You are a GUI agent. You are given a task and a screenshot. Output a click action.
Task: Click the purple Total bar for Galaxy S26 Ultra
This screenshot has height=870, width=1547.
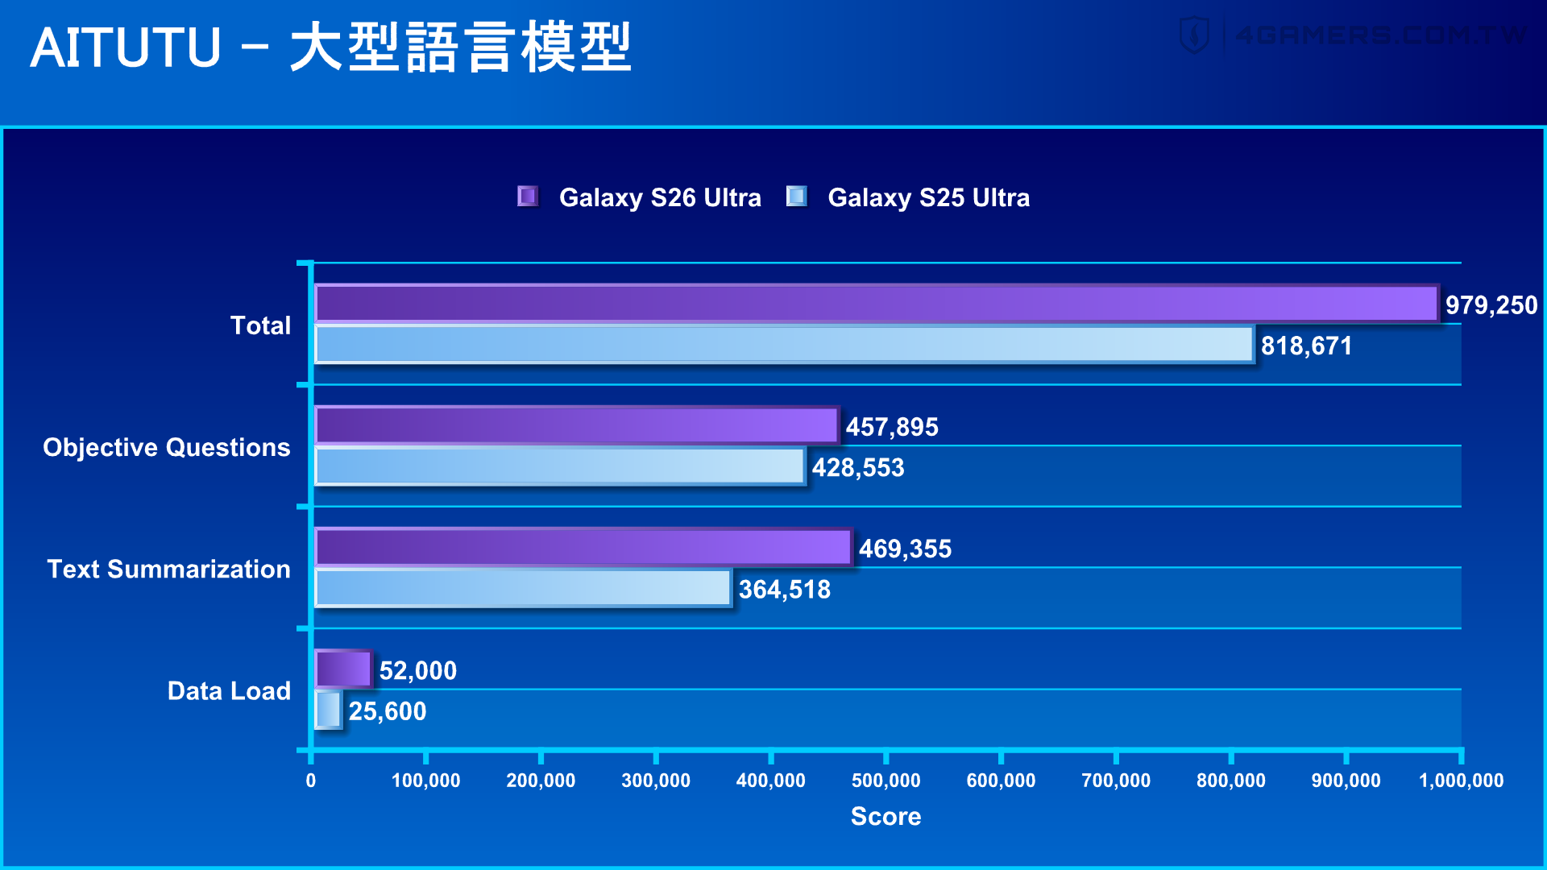point(876,304)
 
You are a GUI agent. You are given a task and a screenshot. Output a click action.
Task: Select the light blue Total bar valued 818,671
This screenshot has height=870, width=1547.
point(784,345)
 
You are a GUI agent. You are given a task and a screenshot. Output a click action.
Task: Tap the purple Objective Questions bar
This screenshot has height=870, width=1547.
point(576,426)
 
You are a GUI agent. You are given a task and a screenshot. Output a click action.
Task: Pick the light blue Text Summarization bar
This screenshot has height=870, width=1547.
point(523,588)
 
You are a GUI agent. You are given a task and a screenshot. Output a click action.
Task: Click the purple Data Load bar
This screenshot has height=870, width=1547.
point(343,669)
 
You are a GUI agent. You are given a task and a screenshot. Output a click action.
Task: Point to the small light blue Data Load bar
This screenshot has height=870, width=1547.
point(328,710)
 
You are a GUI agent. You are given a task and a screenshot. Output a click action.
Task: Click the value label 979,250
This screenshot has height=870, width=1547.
point(1491,305)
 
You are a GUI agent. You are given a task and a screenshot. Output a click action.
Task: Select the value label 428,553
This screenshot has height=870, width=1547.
point(857,467)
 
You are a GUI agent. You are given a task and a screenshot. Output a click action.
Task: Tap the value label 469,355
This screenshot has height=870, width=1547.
point(904,549)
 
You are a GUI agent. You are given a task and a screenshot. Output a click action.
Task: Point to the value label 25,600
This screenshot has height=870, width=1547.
point(387,711)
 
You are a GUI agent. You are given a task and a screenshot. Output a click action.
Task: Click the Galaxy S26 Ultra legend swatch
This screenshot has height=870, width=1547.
point(528,197)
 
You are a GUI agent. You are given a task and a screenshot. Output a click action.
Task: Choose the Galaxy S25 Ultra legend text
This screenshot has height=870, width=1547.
point(928,197)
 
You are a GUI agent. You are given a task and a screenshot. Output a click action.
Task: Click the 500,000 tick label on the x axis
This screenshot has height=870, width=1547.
point(885,781)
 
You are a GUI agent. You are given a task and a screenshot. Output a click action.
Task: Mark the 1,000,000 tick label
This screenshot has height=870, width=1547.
point(1460,781)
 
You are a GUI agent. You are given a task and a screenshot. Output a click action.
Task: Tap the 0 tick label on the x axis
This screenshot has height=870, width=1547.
point(311,781)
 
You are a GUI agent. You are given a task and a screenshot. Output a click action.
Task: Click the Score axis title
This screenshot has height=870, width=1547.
point(885,816)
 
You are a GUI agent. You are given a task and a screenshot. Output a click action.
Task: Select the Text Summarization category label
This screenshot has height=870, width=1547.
point(168,569)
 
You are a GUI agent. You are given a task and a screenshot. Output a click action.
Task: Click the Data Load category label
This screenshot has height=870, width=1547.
point(229,690)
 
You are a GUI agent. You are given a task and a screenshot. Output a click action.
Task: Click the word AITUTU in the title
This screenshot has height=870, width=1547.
point(126,48)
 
